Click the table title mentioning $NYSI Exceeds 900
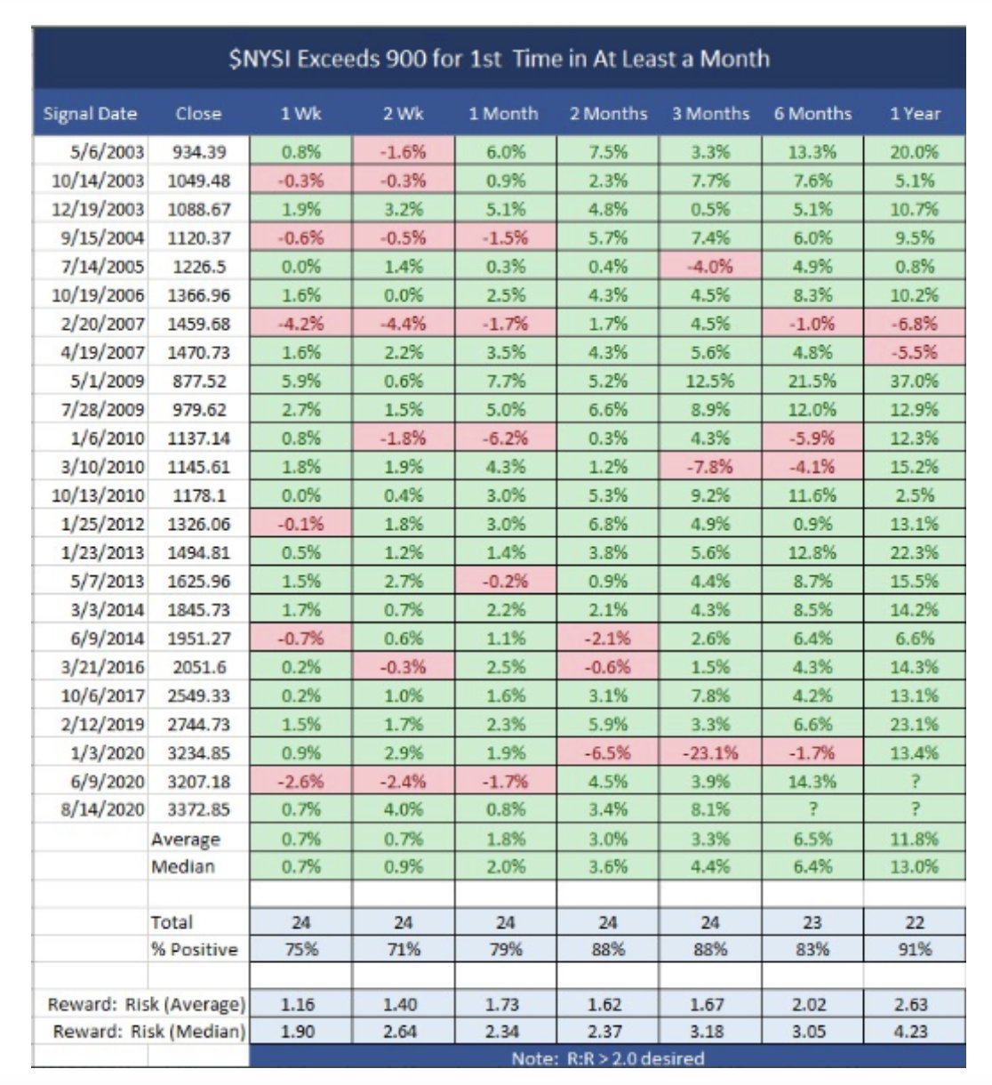(499, 60)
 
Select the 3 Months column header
(710, 114)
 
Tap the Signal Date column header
(90, 114)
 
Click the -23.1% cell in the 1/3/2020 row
(710, 752)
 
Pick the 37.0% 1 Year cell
(914, 381)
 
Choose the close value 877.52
(199, 381)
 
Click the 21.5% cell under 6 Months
(812, 381)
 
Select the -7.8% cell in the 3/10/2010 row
(710, 467)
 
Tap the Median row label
(183, 866)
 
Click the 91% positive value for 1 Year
(914, 949)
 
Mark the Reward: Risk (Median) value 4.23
(914, 1032)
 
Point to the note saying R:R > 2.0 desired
(608, 1058)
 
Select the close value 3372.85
(199, 809)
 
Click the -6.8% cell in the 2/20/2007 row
(914, 324)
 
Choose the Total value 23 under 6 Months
(812, 922)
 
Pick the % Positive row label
(195, 949)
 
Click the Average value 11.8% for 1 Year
(914, 839)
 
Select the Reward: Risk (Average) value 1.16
(301, 1005)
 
